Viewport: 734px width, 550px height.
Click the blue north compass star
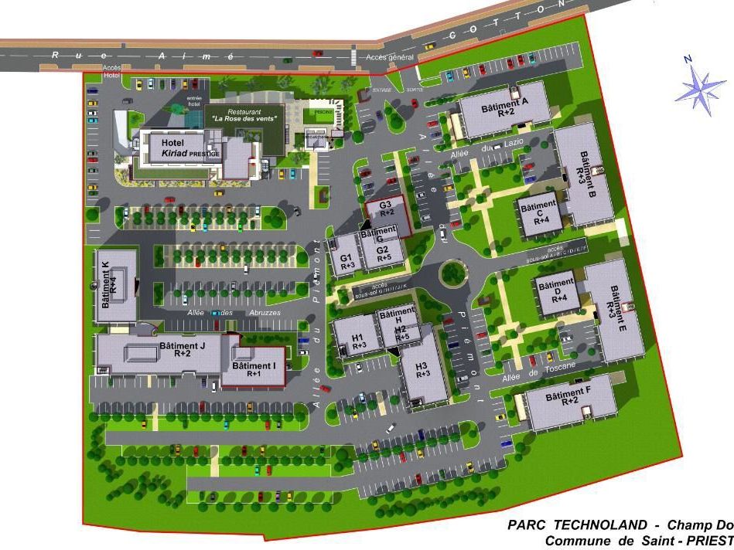700,90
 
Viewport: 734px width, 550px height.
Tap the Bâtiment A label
504,107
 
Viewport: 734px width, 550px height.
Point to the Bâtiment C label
538,212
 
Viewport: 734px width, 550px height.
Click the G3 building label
387,208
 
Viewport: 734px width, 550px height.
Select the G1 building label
346,261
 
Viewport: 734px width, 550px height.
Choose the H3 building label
422,369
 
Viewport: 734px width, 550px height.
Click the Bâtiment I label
254,368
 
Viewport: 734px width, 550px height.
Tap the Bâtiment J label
182,350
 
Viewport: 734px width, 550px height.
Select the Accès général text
390,57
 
